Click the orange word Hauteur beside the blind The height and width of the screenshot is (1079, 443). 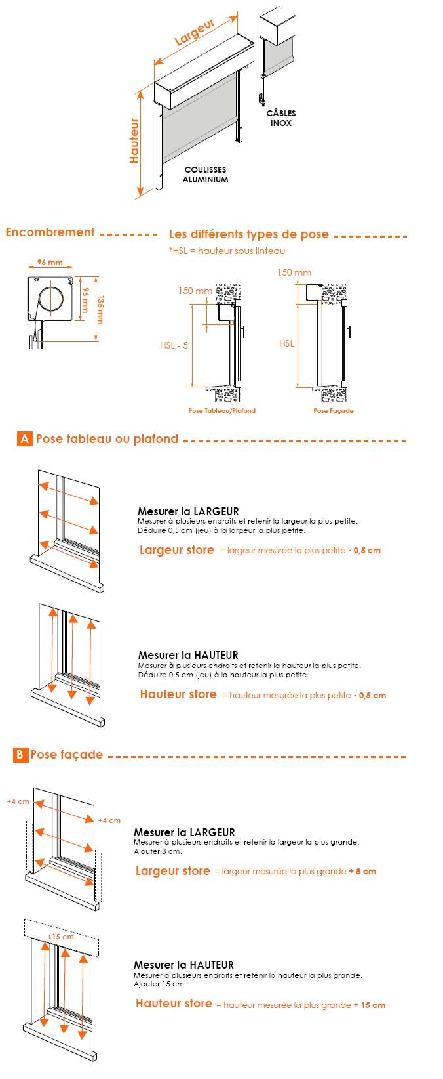(134, 140)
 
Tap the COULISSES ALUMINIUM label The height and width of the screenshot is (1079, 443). (206, 175)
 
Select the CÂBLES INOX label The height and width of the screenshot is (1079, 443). (281, 118)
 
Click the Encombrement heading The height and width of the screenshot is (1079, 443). (50, 232)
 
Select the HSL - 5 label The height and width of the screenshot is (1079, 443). (174, 345)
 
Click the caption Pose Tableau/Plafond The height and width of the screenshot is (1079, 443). (221, 411)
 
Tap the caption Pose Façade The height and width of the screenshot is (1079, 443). (333, 411)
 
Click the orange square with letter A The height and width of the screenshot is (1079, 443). (24, 439)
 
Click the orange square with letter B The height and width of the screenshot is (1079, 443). (20, 755)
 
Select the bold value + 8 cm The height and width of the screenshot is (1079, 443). (362, 872)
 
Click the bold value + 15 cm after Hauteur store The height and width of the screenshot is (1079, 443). (369, 1005)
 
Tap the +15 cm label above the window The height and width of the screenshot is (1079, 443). (60, 937)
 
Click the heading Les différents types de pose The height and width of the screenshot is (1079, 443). (249, 235)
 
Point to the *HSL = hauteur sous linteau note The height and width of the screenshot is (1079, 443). (227, 251)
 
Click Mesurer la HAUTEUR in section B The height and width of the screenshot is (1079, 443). (183, 965)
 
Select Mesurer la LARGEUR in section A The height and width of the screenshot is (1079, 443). (188, 511)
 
